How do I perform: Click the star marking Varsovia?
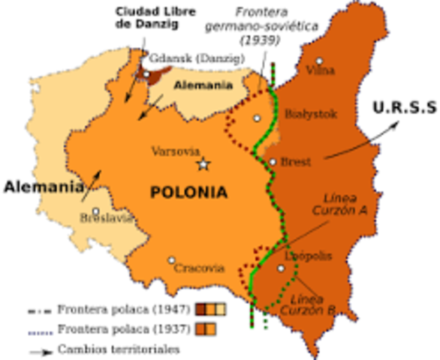(202, 164)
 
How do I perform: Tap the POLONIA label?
(188, 192)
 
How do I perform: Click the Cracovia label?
(199, 268)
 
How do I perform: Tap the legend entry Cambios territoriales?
(112, 349)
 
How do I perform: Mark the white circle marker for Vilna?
(319, 61)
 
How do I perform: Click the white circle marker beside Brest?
(273, 161)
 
